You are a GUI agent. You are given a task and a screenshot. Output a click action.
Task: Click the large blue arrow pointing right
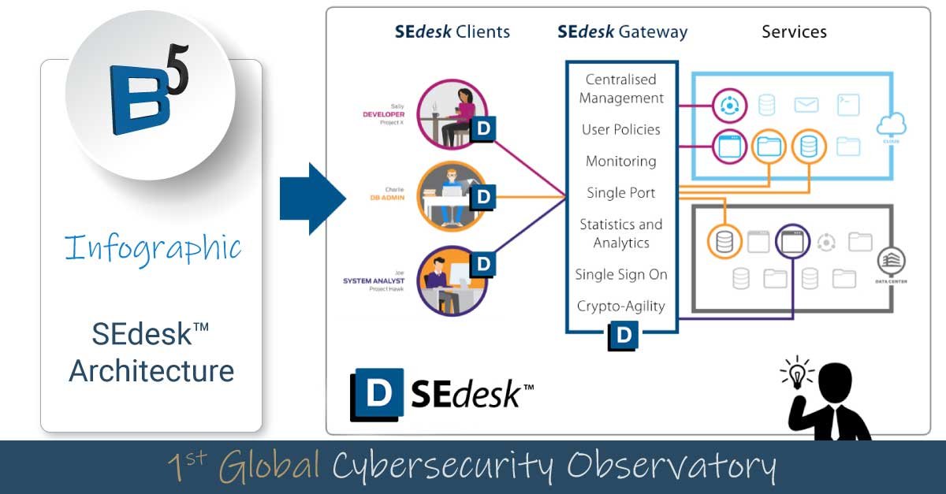(x=312, y=199)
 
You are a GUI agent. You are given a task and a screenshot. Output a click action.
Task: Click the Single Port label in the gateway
(x=621, y=193)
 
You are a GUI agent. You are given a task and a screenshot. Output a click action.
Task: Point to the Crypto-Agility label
(x=621, y=306)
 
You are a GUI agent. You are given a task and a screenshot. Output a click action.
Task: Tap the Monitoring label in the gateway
(x=621, y=162)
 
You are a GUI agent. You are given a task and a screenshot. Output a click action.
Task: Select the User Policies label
(x=621, y=130)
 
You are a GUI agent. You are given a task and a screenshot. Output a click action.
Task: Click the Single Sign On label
(x=621, y=275)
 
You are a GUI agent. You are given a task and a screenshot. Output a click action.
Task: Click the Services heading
(x=794, y=32)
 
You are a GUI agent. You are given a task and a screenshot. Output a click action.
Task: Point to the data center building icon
(x=891, y=261)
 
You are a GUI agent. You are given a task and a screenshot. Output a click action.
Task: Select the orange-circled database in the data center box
(x=724, y=243)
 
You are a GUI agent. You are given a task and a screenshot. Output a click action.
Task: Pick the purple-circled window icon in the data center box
(x=791, y=243)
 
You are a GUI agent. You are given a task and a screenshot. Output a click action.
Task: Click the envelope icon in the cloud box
(x=806, y=105)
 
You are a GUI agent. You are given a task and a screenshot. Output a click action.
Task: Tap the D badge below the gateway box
(x=624, y=336)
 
